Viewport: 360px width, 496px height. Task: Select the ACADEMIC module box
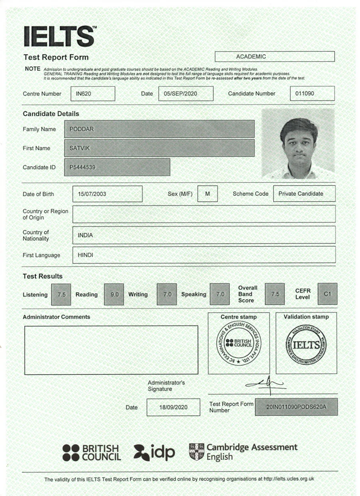[274, 56]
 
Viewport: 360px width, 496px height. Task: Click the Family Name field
[159, 129]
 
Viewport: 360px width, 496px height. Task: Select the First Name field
[159, 148]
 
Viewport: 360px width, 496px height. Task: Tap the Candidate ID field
[117, 167]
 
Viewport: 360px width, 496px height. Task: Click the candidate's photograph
[298, 144]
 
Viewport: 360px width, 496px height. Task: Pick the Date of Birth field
[107, 194]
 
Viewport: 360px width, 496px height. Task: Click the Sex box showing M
[207, 194]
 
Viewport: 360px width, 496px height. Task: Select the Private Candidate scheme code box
[304, 194]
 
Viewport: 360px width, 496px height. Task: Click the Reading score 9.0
[114, 294]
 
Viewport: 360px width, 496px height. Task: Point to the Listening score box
[62, 294]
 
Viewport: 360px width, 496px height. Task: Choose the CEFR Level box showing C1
[327, 294]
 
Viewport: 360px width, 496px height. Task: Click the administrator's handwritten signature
[266, 383]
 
